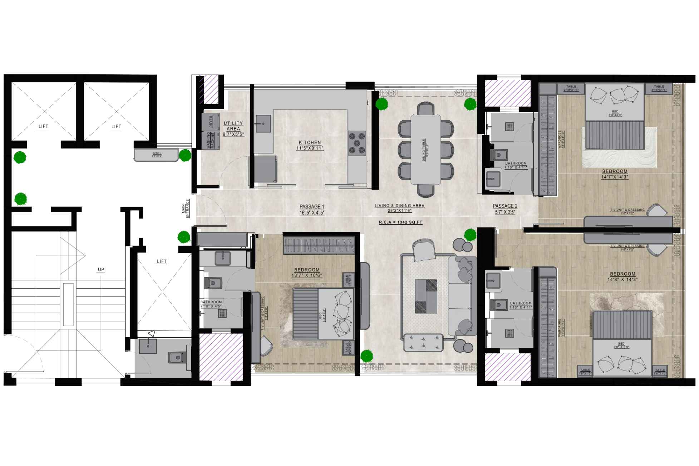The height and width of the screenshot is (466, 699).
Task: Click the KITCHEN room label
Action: pos(310,142)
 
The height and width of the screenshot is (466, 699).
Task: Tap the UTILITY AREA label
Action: pos(233,126)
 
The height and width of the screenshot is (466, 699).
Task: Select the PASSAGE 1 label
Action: pos(312,206)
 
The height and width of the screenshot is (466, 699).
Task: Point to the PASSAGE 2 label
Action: pos(505,206)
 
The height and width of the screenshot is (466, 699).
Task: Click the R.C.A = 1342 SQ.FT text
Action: pos(400,222)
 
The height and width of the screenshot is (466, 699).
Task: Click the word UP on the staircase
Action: pos(101,270)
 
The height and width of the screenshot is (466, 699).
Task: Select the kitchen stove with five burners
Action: pos(357,143)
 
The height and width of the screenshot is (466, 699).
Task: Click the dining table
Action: pos(425,149)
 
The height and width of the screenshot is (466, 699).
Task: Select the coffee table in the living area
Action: pos(426,296)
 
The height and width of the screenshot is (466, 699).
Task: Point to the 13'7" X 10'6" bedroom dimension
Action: pos(307,275)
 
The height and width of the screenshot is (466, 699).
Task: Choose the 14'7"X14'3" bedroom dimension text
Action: pos(615,177)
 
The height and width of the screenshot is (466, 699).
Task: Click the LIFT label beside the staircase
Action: pos(162,261)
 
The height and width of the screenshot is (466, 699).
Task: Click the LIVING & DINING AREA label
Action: pos(399,206)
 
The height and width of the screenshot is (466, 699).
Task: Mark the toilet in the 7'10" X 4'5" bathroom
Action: pos(213,283)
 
